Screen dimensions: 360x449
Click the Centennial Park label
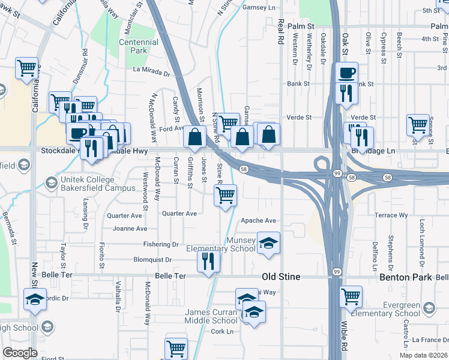[x=139, y=47]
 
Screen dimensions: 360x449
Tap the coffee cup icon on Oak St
[x=346, y=74]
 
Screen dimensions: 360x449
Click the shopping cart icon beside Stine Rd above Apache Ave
[x=225, y=194]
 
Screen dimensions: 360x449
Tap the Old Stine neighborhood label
[x=282, y=277]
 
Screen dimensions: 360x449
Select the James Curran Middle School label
[x=203, y=316]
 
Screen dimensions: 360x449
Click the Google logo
[x=20, y=352]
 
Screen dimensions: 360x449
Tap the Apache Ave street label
[x=258, y=221]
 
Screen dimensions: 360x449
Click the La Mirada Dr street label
[x=152, y=70]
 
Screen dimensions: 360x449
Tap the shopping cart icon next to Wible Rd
[x=351, y=296]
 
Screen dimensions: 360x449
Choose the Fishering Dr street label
[x=161, y=244]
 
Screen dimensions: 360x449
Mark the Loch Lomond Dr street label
[x=422, y=234]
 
